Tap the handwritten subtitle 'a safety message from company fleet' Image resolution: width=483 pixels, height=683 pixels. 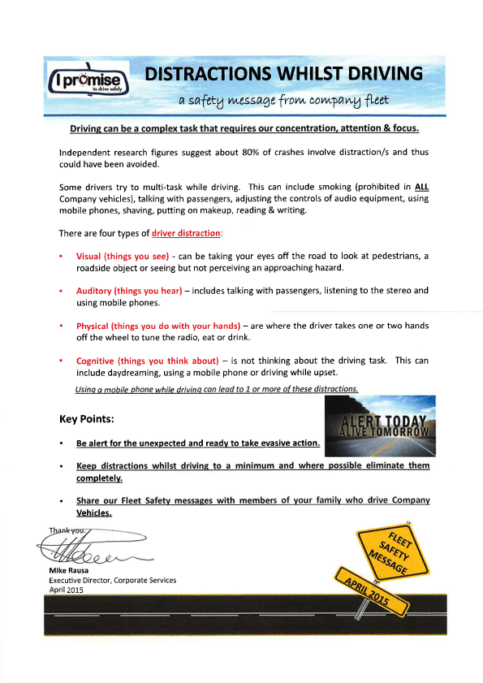pos(283,101)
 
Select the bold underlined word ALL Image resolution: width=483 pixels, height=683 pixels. pos(421,187)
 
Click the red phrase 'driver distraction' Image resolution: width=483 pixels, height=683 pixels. pos(186,233)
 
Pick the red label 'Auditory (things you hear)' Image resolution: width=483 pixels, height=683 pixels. pos(128,290)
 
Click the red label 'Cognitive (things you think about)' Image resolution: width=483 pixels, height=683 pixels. pos(148,361)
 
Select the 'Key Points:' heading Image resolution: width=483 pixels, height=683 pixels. pos(92,420)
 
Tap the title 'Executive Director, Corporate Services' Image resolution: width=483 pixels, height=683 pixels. pos(112,581)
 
